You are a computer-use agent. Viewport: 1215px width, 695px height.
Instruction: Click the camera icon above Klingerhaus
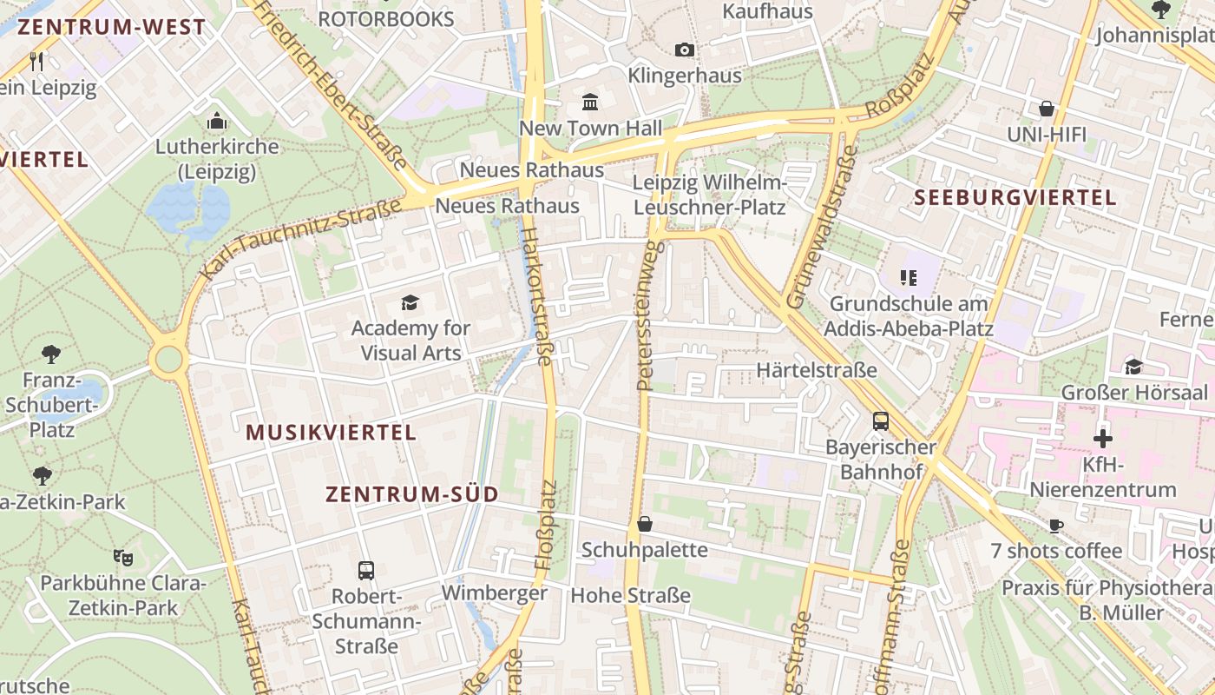tap(685, 50)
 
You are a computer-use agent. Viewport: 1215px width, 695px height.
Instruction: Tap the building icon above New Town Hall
tap(591, 103)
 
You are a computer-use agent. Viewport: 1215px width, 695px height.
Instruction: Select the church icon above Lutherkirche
tap(217, 120)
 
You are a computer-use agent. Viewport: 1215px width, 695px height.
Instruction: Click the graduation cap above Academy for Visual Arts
tap(410, 302)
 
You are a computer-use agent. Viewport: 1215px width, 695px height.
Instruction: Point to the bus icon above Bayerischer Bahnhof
tap(881, 421)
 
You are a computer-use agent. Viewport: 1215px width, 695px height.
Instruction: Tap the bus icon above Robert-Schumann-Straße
tap(366, 571)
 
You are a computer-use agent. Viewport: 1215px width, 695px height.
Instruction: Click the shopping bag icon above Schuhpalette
tap(645, 524)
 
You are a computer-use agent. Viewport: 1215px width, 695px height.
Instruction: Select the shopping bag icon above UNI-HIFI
tap(1047, 109)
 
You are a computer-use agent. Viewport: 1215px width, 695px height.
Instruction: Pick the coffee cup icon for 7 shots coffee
tap(1056, 526)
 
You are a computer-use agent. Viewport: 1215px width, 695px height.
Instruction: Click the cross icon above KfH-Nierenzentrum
tap(1103, 439)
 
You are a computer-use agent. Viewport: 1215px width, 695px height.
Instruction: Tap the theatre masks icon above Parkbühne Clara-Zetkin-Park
tap(122, 556)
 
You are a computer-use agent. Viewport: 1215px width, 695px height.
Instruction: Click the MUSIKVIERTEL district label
tap(332, 432)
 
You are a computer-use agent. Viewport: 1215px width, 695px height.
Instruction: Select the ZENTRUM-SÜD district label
tap(412, 494)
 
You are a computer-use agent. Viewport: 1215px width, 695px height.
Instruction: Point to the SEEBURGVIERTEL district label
tap(1015, 197)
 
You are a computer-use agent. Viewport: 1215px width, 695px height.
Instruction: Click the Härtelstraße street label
tap(817, 370)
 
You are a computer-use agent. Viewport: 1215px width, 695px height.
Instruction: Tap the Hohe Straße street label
tap(630, 595)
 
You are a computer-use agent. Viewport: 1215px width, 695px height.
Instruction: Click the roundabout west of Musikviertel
tap(168, 359)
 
